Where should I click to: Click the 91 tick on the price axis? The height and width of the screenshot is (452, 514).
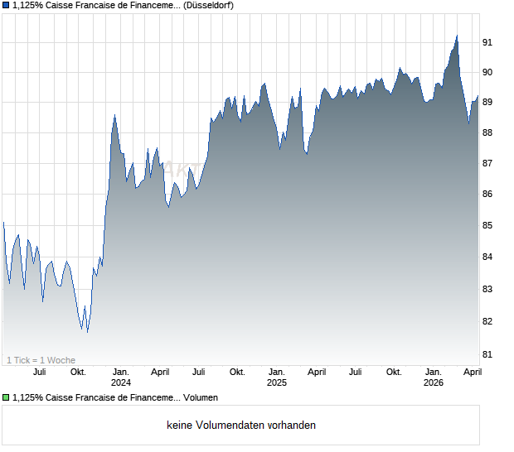[489, 41]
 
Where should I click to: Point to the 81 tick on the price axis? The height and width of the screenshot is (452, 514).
[489, 354]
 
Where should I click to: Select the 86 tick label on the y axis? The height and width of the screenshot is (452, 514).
[489, 195]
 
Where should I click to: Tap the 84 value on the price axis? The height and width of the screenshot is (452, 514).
[489, 257]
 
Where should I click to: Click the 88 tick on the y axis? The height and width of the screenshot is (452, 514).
[489, 132]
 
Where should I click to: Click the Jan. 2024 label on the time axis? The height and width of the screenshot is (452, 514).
[121, 377]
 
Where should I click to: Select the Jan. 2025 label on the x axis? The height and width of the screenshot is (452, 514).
[277, 377]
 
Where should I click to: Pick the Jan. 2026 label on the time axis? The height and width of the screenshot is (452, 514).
[433, 377]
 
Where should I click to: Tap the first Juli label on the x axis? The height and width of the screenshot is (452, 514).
[39, 372]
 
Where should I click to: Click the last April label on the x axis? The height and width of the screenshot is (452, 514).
[472, 372]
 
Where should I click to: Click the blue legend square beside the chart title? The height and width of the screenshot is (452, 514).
[6, 6]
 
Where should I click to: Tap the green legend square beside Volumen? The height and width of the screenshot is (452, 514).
[6, 398]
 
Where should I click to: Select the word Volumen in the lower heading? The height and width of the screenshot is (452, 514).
[201, 398]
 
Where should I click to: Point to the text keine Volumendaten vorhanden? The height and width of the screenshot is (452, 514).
[241, 426]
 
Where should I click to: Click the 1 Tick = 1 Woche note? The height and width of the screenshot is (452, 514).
[41, 360]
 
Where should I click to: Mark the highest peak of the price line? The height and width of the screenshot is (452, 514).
[456, 36]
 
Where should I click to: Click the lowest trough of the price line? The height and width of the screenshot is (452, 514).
[87, 332]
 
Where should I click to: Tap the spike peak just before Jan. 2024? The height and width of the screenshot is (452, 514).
[114, 115]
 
